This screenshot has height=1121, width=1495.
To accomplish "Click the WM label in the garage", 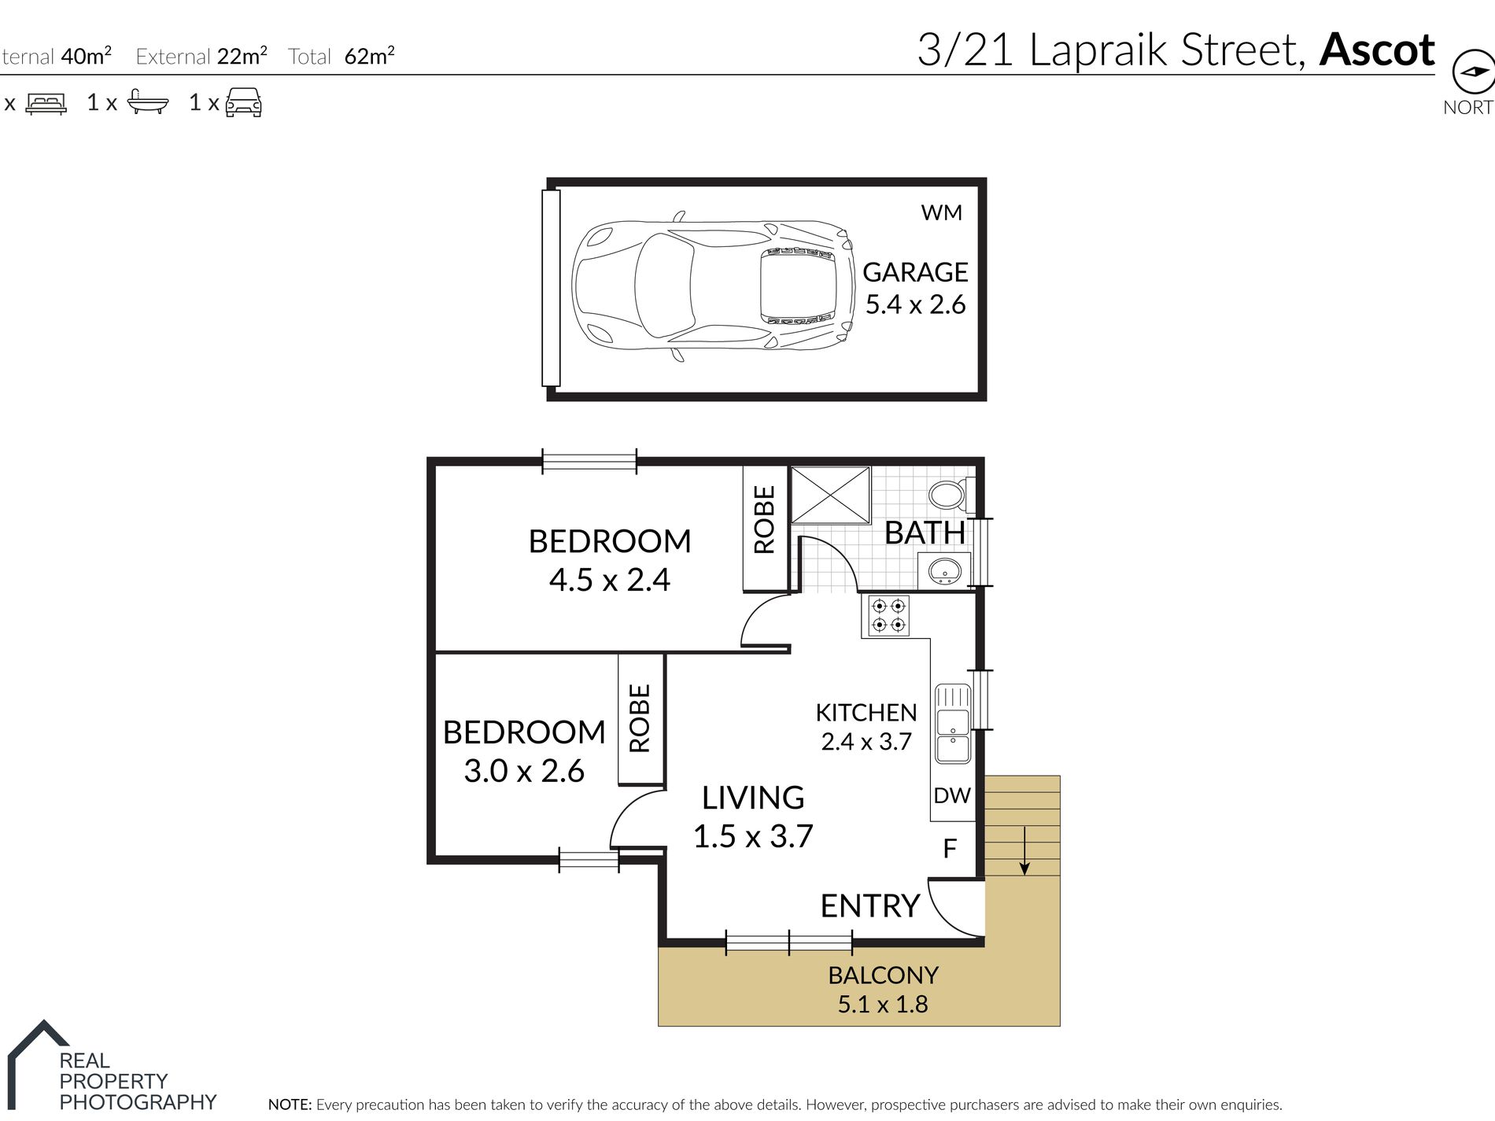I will (x=941, y=212).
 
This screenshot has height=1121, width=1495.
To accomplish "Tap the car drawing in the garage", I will (x=713, y=286).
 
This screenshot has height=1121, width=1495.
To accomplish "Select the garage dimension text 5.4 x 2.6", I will (x=915, y=304).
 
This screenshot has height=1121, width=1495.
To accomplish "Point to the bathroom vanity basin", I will (x=943, y=570).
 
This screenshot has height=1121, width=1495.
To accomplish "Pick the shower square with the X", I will (x=830, y=495).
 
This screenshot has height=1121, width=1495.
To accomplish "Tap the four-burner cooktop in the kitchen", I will (x=888, y=615).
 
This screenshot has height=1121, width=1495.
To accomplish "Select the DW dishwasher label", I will (x=952, y=795).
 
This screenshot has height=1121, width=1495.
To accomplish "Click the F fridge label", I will (x=950, y=848).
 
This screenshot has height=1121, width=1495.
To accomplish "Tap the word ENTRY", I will (x=869, y=906).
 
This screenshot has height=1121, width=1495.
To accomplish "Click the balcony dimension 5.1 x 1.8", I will (x=882, y=1005).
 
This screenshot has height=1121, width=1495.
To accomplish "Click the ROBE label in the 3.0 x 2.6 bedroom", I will (x=640, y=718).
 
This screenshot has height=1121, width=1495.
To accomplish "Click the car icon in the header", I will (x=243, y=102).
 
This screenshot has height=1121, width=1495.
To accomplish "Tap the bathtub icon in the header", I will (x=147, y=102).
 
